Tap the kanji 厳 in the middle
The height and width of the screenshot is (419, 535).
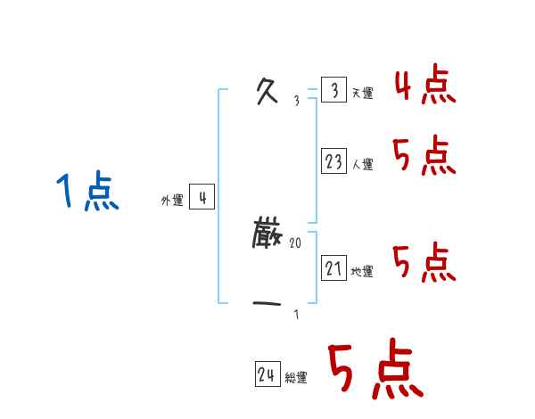coord(267,236)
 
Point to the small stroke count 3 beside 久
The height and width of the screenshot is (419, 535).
coord(296,101)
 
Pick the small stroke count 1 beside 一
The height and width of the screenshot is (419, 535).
coord(296,314)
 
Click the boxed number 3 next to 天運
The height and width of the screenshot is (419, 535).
coord(333,91)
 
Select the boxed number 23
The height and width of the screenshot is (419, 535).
coord(333,161)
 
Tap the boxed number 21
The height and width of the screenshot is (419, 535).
coord(333,268)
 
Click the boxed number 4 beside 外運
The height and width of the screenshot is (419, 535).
coord(202,198)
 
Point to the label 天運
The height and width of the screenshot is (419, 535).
coord(362,94)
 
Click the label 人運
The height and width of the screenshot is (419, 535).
coord(362,164)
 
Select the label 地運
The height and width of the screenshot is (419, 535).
coord(362,271)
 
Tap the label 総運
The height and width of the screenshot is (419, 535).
coord(296,377)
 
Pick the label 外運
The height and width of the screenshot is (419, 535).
coord(172,201)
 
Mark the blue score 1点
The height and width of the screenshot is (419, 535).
coord(86,193)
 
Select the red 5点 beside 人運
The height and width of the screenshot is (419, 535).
coord(424,157)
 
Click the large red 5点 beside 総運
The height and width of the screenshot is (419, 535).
coord(374,370)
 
